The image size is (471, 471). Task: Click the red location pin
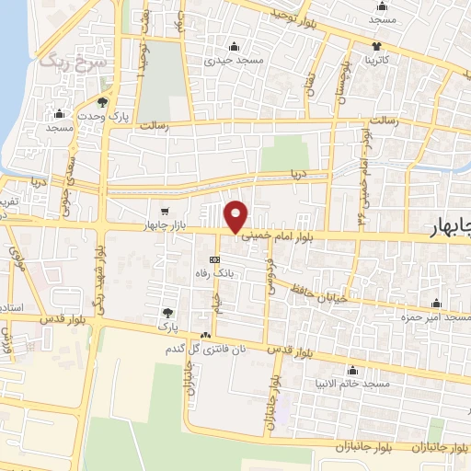(237, 216)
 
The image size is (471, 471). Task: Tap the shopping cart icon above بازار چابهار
(164, 211)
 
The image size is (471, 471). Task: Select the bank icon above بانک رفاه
(214, 259)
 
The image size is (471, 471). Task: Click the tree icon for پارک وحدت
(102, 102)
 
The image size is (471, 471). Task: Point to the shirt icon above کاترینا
(376, 45)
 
